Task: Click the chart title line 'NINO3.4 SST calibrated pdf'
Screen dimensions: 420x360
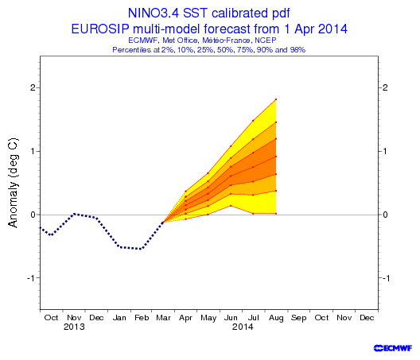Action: click(208, 14)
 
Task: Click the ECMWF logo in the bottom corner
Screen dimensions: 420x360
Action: click(393, 348)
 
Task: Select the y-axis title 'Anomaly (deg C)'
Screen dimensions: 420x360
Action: click(13, 183)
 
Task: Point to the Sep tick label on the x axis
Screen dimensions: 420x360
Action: click(298, 318)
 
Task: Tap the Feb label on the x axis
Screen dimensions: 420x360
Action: click(142, 318)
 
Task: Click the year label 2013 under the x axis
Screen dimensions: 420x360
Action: click(74, 327)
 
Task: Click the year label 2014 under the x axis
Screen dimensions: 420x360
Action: click(243, 327)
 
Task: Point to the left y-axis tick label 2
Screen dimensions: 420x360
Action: click(33, 87)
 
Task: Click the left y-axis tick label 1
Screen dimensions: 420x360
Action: click(33, 151)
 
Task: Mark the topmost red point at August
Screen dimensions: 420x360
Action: click(276, 99)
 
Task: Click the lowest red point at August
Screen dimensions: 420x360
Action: click(276, 213)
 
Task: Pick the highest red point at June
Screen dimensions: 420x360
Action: click(231, 146)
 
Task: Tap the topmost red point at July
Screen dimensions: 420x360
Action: click(253, 121)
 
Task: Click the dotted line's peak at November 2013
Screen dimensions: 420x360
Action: click(74, 214)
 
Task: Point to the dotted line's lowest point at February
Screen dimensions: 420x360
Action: click(141, 249)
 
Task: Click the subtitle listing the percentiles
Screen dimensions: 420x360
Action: click(209, 50)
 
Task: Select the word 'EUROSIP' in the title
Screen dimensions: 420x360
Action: click(100, 29)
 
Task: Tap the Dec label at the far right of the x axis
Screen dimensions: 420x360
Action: click(367, 318)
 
